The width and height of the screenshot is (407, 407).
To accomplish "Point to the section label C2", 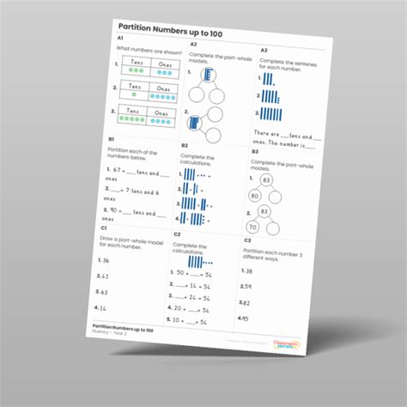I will click(176, 234).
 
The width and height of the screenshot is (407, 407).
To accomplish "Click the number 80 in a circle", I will click(255, 196).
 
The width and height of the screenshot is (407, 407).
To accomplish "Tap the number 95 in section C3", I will click(245, 318).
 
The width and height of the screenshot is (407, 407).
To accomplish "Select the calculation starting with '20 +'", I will click(191, 306).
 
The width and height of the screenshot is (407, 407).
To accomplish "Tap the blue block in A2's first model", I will click(197, 76).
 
